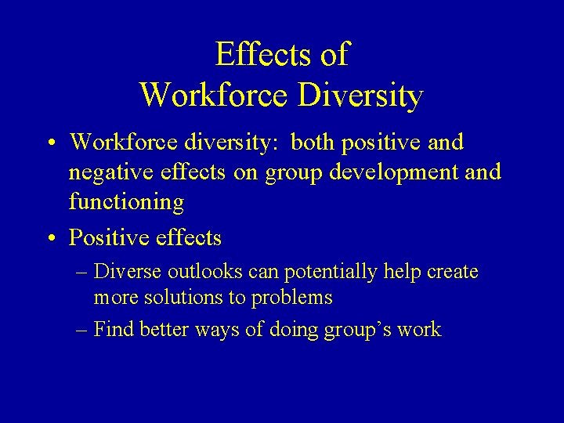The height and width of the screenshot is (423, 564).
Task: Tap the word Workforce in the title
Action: pos(215,96)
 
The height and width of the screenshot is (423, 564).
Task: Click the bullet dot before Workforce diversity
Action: pos(49,143)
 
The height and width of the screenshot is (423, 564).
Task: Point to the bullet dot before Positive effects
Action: pos(49,237)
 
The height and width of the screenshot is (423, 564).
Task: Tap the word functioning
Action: pos(126,203)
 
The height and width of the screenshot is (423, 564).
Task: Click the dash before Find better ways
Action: pos(81,330)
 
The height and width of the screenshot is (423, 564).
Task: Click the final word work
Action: pos(419,329)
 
